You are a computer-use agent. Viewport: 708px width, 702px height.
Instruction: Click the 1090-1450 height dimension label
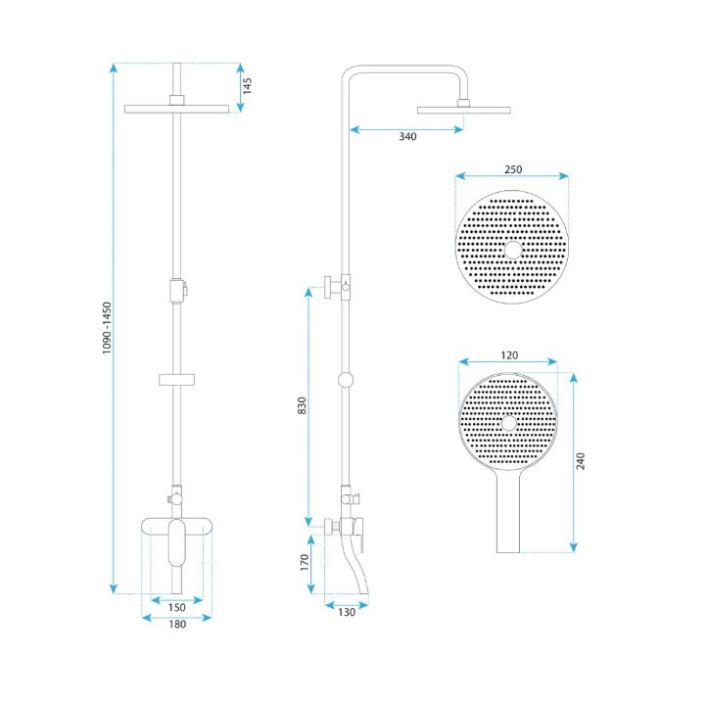107,328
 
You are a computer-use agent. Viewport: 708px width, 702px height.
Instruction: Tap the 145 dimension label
247,86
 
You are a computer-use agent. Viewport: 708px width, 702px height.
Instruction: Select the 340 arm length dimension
407,136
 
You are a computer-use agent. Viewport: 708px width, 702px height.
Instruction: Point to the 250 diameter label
513,169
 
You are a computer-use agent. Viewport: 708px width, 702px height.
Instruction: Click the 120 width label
509,355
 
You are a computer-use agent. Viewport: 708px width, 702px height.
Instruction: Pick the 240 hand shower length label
581,461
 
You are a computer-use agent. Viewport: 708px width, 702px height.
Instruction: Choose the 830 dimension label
302,405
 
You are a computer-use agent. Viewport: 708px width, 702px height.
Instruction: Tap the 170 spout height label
305,563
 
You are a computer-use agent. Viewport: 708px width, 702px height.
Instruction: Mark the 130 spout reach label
347,612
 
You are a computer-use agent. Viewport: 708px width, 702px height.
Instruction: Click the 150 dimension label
176,607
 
